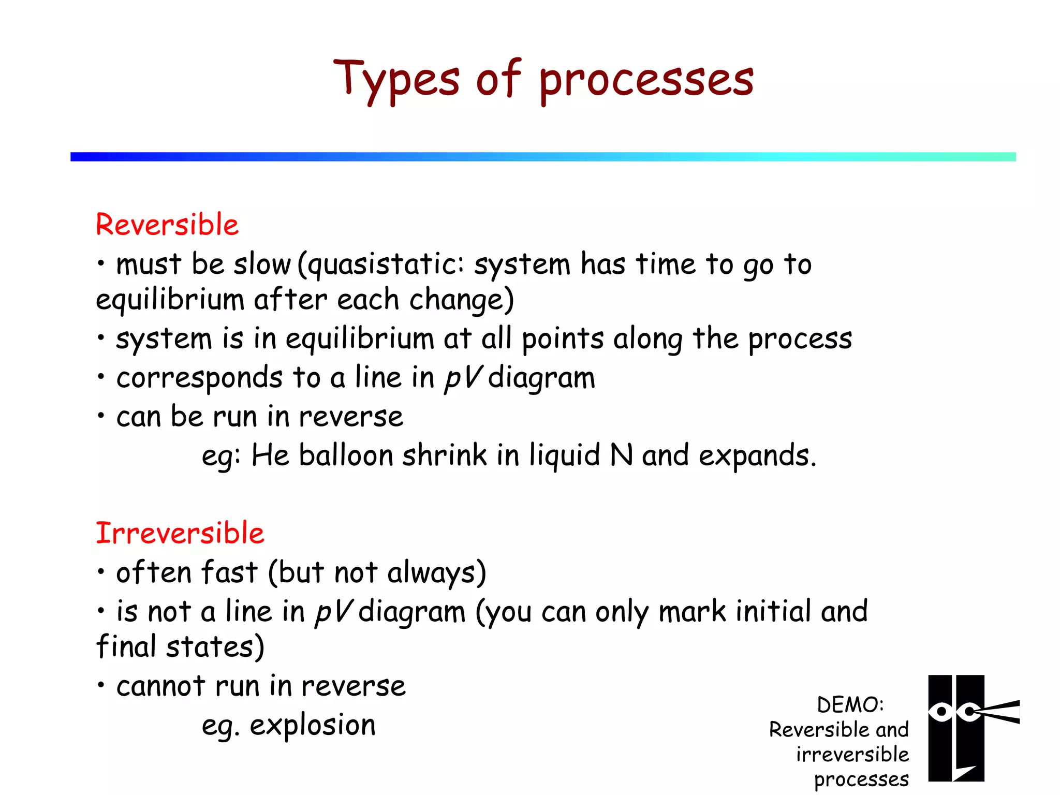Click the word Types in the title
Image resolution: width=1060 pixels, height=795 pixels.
coord(396,80)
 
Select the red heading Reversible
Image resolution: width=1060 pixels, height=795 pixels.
coord(167,225)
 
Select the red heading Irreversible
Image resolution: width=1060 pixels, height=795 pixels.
coord(180,533)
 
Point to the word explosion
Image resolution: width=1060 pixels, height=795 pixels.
coord(313,725)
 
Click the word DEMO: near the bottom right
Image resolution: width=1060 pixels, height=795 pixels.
coord(850,705)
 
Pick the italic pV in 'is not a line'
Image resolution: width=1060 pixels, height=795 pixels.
coord(334,612)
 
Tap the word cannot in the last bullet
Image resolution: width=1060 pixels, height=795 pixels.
coord(161,686)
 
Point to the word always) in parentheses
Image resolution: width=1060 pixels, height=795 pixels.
coord(436,573)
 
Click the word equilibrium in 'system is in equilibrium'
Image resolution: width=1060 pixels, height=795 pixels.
coord(360,340)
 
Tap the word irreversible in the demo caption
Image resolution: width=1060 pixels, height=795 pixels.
coord(852,755)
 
